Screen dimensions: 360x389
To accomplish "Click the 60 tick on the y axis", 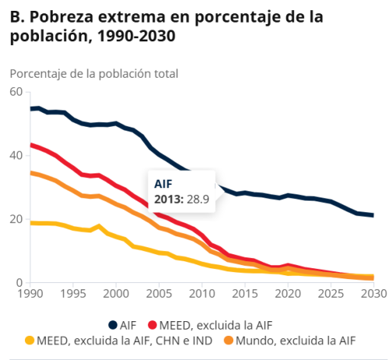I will click(16, 92).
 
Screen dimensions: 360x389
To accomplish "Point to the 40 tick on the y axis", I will click(16, 156).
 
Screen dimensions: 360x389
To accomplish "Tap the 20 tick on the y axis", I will click(16, 219).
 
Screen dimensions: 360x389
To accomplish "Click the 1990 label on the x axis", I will click(31, 295).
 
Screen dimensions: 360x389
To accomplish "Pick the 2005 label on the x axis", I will click(159, 295).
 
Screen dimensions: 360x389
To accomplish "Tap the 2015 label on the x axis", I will click(245, 295).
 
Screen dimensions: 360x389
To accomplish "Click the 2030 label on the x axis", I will click(373, 295).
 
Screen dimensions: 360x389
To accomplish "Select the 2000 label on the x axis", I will click(117, 295).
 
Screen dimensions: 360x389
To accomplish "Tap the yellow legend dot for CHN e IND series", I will click(30, 340).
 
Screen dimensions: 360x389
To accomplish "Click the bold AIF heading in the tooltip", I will click(163, 184).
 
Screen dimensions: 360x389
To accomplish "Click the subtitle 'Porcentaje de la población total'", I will click(94, 74).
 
